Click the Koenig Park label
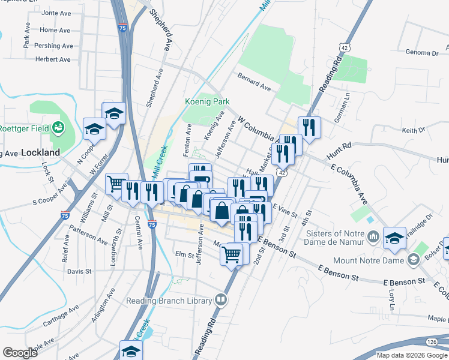click(x=208, y=102)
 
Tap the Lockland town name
click(x=40, y=152)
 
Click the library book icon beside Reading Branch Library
click(x=221, y=300)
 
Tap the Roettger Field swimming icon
click(x=59, y=127)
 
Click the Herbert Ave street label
click(x=53, y=59)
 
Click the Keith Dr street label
click(x=413, y=130)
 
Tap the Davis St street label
click(x=79, y=271)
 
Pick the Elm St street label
click(x=182, y=254)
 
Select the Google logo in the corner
click(x=20, y=353)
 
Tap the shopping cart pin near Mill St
click(x=116, y=183)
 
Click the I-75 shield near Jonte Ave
click(x=122, y=28)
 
